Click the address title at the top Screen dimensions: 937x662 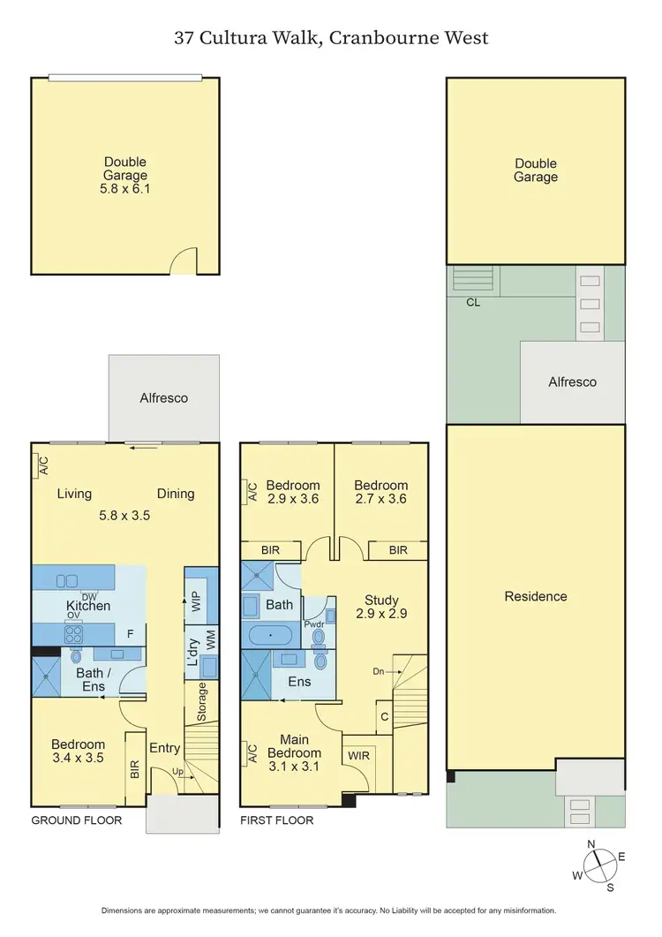point(330,38)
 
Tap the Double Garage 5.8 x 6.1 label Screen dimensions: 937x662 point(124,175)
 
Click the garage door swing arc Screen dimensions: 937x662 point(183,260)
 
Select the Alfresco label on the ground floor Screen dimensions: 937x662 point(164,397)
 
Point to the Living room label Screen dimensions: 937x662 point(75,494)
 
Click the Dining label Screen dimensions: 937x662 point(175,494)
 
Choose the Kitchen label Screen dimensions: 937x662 point(89,606)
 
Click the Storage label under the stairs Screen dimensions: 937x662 point(202,701)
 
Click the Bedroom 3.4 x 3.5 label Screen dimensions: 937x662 point(78,751)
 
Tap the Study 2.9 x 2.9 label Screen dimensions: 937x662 point(377,607)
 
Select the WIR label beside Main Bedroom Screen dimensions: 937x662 point(359,755)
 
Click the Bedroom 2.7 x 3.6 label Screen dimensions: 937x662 point(380,492)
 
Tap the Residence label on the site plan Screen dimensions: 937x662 point(535,596)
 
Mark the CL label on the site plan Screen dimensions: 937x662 point(473,301)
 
